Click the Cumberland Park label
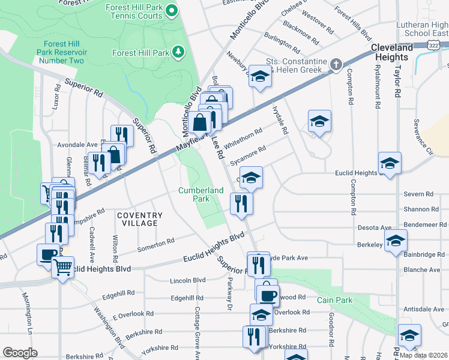[x=201, y=194]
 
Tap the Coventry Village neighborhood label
[x=140, y=219]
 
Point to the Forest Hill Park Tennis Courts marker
[x=172, y=10]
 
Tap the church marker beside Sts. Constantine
[x=337, y=64]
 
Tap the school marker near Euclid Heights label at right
[x=390, y=163]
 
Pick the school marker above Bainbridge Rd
[x=395, y=241]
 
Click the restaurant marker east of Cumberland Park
[x=241, y=203]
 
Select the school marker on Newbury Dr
[x=259, y=76]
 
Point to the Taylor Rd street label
[x=397, y=82]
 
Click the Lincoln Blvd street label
[x=188, y=280]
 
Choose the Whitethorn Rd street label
[x=243, y=139]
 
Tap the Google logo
[x=20, y=353]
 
